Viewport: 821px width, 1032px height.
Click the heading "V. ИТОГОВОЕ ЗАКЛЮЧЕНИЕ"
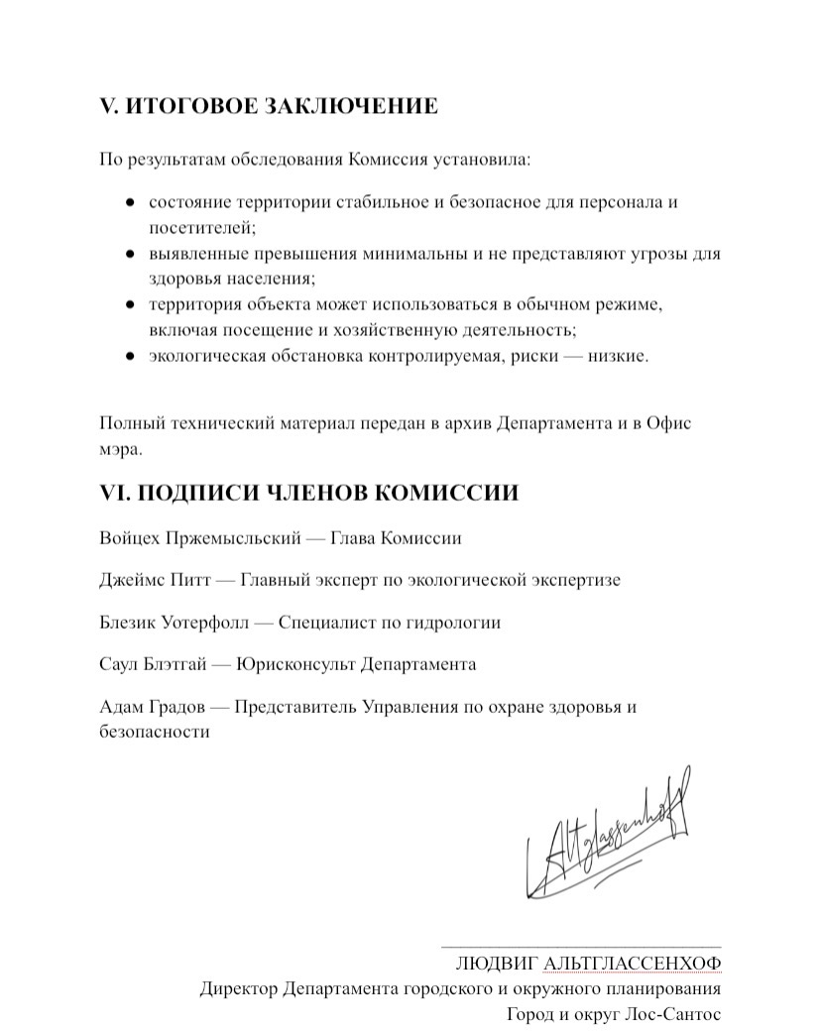click(x=268, y=106)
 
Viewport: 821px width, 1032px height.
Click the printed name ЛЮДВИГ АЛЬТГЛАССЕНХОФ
click(x=588, y=964)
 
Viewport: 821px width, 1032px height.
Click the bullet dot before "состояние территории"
click(x=130, y=202)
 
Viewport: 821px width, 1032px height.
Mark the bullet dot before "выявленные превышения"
click(x=130, y=254)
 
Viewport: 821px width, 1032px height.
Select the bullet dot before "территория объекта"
click(x=130, y=304)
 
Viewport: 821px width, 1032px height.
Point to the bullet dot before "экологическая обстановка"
click(x=130, y=356)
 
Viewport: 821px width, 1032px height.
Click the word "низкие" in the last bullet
click(x=619, y=356)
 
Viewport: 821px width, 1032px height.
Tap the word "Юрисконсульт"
click(x=293, y=664)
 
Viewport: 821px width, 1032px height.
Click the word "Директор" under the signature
click(x=238, y=989)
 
